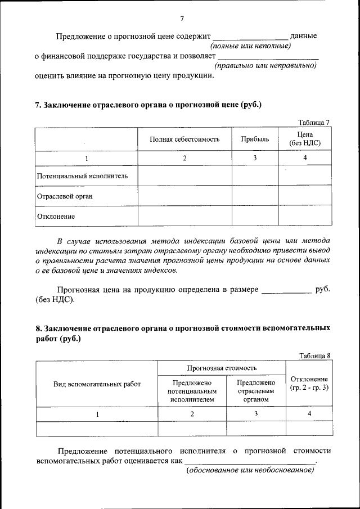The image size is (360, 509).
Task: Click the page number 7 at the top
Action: pos(182,19)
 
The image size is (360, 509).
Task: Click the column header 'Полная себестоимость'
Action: pos(184,139)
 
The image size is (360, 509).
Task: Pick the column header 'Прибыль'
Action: pos(255,139)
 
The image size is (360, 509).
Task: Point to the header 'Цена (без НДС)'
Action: pos(305,139)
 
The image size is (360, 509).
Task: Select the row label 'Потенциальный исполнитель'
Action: pos(82,176)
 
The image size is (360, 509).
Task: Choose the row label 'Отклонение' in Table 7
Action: pos(56,216)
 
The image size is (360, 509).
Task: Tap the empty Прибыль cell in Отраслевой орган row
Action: pos(255,196)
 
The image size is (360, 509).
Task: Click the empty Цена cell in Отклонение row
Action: pos(305,216)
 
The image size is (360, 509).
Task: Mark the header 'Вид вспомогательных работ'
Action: pos(97,384)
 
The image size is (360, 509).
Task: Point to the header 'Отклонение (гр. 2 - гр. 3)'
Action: pos(309,384)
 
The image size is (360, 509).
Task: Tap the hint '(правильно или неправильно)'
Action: pos(265,65)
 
